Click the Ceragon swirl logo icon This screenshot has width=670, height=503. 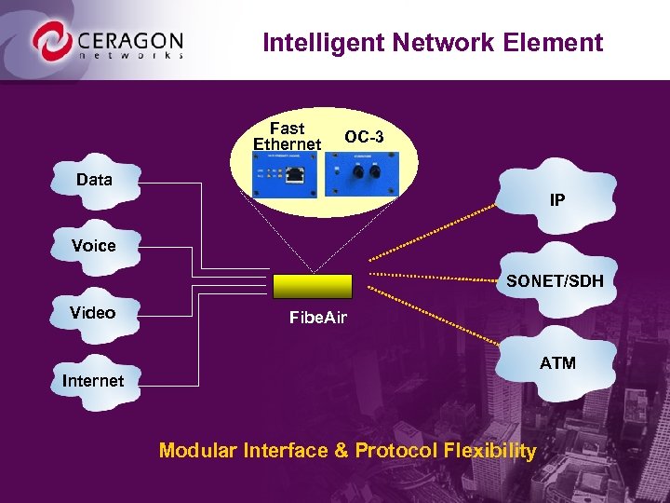[51, 42]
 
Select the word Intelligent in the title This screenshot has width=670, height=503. [314, 43]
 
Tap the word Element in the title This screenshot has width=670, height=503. [562, 43]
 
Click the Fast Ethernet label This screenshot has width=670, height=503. [287, 136]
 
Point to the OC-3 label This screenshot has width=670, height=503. [364, 137]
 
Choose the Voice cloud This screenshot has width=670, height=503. [94, 246]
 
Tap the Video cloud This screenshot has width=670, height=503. [92, 313]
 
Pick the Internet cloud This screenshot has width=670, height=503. [92, 380]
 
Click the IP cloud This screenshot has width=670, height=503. [556, 199]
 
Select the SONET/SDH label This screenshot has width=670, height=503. [555, 280]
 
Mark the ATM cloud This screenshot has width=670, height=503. [557, 361]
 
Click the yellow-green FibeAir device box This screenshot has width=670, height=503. [313, 286]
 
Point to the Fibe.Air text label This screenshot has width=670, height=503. [317, 319]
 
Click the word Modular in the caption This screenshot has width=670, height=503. [198, 452]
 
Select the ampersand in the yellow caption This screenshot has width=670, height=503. [340, 452]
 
